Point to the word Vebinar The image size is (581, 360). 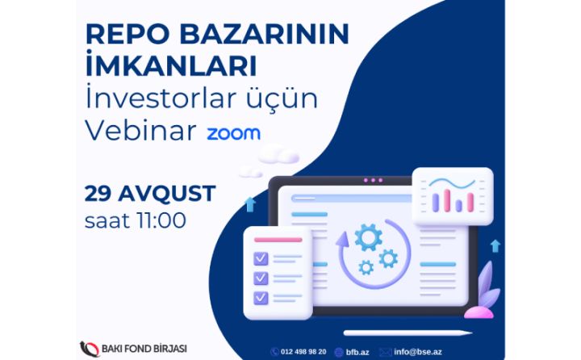(x=140, y=132)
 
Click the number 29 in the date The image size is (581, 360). (x=99, y=194)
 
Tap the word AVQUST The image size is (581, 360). (x=167, y=194)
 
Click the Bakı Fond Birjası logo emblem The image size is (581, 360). (x=89, y=349)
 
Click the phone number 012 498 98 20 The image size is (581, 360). (x=303, y=351)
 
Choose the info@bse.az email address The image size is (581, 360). (x=417, y=351)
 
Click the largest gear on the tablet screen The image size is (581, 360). (x=368, y=237)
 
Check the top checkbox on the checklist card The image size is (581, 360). (x=261, y=259)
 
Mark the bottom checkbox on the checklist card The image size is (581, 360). (x=261, y=298)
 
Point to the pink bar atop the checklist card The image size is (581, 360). (x=278, y=239)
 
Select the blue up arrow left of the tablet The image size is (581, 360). (x=249, y=204)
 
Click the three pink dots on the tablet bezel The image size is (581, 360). (x=373, y=180)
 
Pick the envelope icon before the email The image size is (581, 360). (x=385, y=351)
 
